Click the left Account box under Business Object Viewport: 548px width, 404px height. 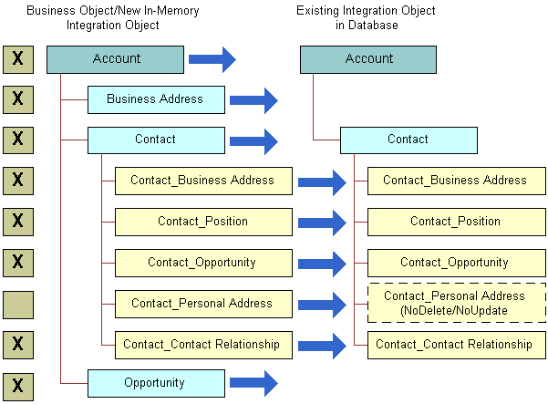pyautogui.click(x=116, y=59)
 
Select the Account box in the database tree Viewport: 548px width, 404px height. pyautogui.click(x=368, y=59)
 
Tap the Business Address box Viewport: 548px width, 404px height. pyautogui.click(x=155, y=99)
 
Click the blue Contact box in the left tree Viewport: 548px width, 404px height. pyautogui.click(x=155, y=140)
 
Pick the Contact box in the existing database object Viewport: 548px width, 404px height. pyautogui.click(x=408, y=140)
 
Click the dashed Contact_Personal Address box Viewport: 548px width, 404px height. pyautogui.click(x=455, y=303)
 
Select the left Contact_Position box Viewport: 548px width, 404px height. pyautogui.click(x=202, y=222)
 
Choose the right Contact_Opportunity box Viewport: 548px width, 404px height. pyautogui.click(x=455, y=263)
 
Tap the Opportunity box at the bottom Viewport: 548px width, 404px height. pyautogui.click(x=155, y=383)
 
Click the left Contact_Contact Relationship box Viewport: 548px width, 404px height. pyautogui.click(x=202, y=345)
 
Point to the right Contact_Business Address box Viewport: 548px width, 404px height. pyautogui.click(x=455, y=181)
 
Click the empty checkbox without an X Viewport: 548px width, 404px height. pyautogui.click(x=18, y=304)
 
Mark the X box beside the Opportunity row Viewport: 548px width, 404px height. pyautogui.click(x=18, y=384)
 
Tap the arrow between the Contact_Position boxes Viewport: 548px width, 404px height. pyautogui.click(x=323, y=223)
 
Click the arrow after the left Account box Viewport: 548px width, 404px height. pyautogui.click(x=212, y=60)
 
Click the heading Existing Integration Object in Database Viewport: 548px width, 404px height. pyautogui.click(x=366, y=17)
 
